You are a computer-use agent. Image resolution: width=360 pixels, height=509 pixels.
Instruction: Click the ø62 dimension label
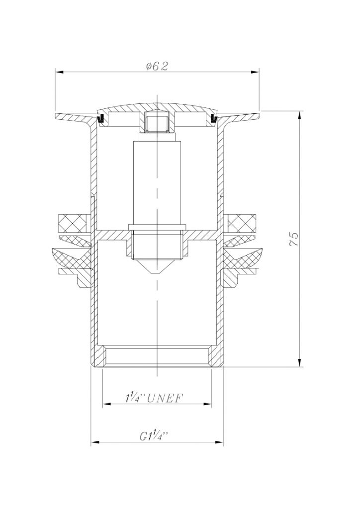157,66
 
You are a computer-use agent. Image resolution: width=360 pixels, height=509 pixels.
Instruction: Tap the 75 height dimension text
294,239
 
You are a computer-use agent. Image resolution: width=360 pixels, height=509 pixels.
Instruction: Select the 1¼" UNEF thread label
154,398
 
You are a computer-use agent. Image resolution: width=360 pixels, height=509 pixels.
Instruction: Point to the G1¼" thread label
154,436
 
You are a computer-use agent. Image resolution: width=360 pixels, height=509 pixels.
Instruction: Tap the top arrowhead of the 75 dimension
300,115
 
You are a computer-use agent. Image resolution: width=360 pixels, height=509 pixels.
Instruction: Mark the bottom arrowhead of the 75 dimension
300,362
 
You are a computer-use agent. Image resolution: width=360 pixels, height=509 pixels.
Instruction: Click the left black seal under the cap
101,118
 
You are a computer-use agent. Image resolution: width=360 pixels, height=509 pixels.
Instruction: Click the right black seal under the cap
213,118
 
